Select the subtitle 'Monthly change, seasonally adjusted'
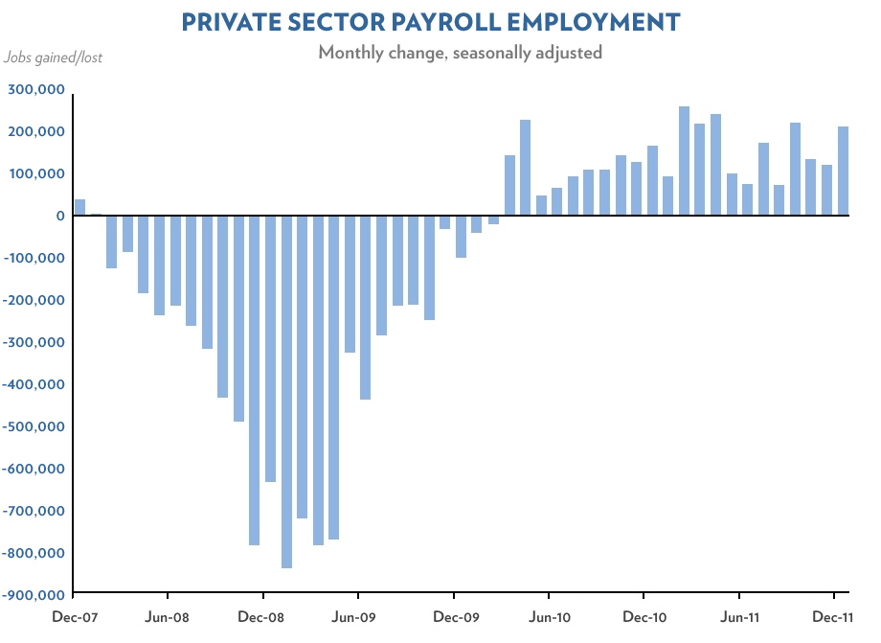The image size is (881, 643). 460,53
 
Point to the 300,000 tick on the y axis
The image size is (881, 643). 36,90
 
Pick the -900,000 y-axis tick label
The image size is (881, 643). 34,595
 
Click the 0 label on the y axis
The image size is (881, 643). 59,216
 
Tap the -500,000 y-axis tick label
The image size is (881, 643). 34,426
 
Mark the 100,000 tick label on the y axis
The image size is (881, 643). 36,173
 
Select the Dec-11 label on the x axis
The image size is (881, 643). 834,617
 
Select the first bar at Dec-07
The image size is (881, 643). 79,208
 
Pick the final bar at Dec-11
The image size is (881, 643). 843,172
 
